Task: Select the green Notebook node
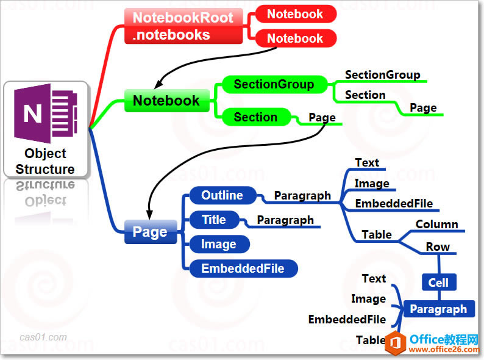(166, 101)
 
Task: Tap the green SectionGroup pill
(274, 84)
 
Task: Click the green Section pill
(255, 117)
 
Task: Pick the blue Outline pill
(222, 195)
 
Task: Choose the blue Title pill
(213, 220)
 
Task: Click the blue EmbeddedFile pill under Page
(243, 268)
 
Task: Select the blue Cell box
(438, 283)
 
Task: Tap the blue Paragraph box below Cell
(438, 309)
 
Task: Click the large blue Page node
(150, 232)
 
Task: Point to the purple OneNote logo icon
(46, 113)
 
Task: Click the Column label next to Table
(436, 224)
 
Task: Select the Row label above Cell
(438, 247)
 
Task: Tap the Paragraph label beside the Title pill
(285, 220)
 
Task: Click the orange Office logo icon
(396, 343)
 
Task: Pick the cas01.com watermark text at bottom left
(43, 337)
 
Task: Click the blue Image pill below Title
(218, 244)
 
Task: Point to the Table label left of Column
(377, 234)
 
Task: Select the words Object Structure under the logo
(45, 162)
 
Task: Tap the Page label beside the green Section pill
(322, 117)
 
